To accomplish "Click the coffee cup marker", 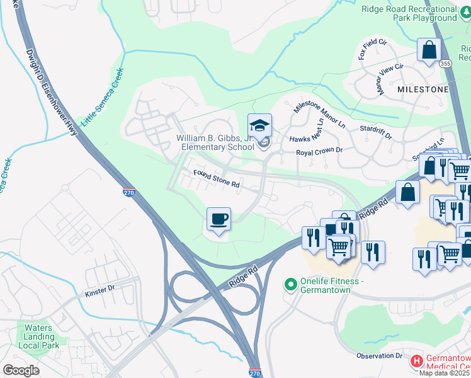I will click(x=218, y=219).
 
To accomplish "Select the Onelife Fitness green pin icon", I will click(x=290, y=285).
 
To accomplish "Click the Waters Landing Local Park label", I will click(x=38, y=336).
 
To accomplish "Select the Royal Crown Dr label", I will click(x=319, y=151).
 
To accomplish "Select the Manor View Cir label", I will click(x=390, y=79).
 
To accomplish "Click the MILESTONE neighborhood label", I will click(x=423, y=89).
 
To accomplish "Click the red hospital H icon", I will click(x=416, y=362).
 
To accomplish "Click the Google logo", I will click(x=21, y=370).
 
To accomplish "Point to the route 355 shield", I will click(x=445, y=64).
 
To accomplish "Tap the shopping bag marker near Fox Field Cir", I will click(x=429, y=50).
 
